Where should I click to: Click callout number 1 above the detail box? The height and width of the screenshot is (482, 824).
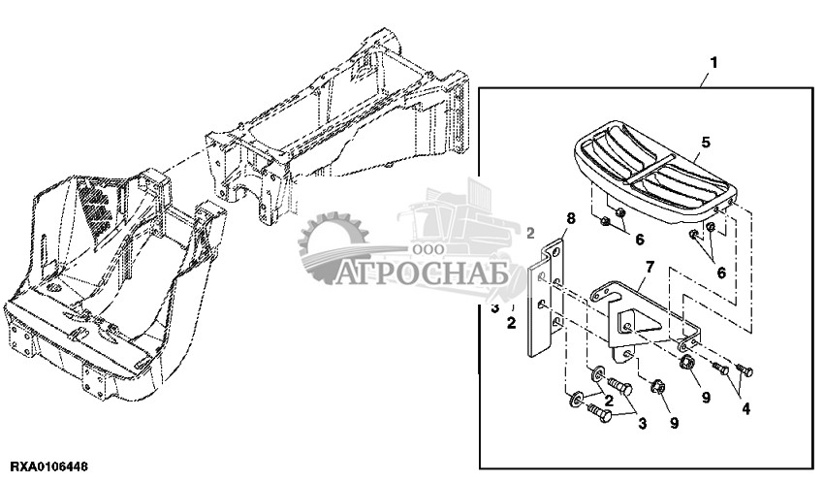point(713,62)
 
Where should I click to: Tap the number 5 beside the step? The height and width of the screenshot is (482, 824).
point(705,142)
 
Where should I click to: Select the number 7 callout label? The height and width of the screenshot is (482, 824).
point(650,266)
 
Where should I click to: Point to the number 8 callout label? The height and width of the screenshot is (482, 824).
point(570,220)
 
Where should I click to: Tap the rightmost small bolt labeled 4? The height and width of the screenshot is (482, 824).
point(744,369)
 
